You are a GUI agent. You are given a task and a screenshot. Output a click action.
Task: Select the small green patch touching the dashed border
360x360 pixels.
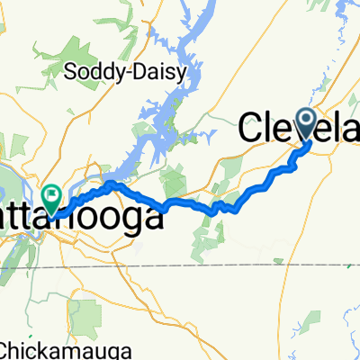[351, 264]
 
